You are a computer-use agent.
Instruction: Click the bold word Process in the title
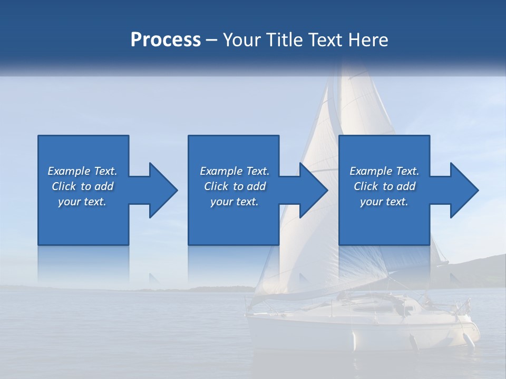(166, 40)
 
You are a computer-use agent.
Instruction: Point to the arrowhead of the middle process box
(313, 190)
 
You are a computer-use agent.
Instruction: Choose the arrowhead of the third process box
(464, 190)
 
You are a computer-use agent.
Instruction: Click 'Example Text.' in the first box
(83, 171)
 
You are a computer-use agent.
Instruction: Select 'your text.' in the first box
(83, 202)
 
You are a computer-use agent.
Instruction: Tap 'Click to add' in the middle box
(234, 186)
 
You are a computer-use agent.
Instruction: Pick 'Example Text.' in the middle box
(234, 171)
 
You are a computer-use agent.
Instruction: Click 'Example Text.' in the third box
(384, 171)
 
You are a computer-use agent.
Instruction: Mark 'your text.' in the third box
(384, 202)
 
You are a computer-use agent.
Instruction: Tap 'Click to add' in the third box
(384, 186)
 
